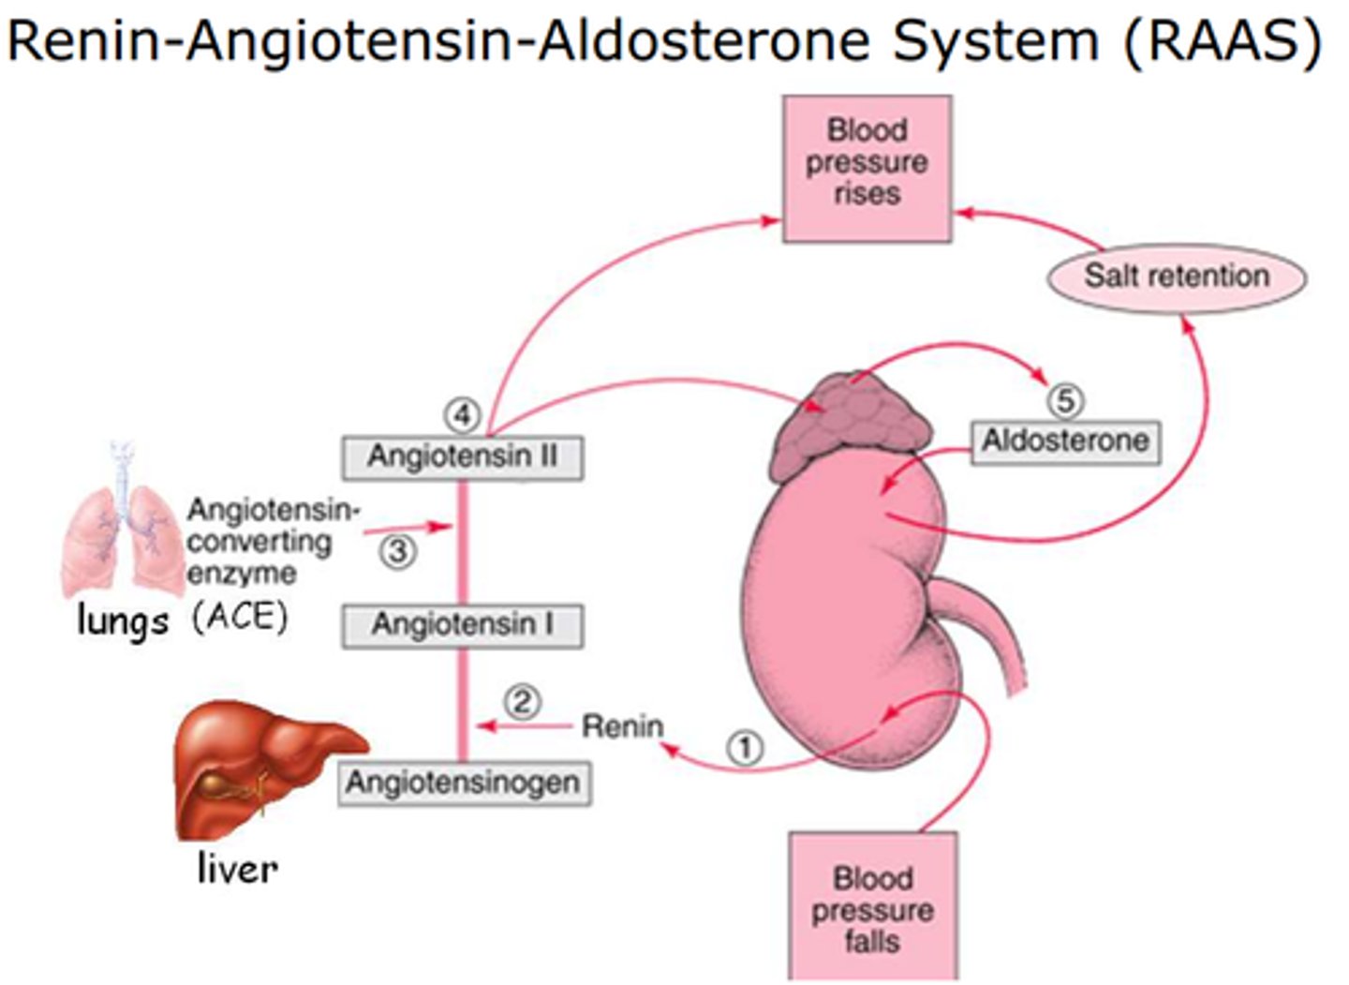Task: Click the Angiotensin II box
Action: click(462, 457)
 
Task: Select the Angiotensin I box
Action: click(462, 625)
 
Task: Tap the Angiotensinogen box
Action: click(463, 784)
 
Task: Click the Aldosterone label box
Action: click(1064, 441)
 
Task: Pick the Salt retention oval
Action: click(1176, 276)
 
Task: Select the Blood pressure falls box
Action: click(872, 907)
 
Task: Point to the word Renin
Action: click(622, 726)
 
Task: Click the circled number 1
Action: click(746, 748)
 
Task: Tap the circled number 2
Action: click(522, 701)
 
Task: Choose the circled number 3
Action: click(398, 551)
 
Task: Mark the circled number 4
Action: click(462, 413)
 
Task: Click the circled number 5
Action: click(1064, 401)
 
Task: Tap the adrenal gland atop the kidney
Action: click(851, 422)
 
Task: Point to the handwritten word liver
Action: click(237, 868)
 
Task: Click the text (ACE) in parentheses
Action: click(239, 617)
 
